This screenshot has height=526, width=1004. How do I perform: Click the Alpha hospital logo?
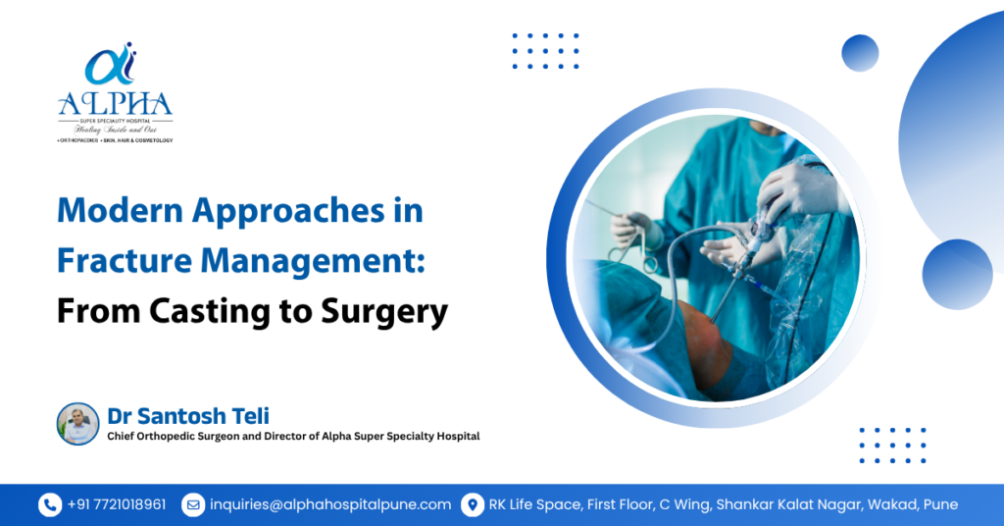pyautogui.click(x=114, y=92)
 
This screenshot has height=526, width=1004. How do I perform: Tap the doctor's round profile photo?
pyautogui.click(x=77, y=424)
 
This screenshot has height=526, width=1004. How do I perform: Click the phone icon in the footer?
pyautogui.click(x=50, y=504)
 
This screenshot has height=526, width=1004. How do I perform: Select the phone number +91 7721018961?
pyautogui.click(x=117, y=504)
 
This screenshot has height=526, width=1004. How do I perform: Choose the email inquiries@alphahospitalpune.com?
pyautogui.click(x=329, y=504)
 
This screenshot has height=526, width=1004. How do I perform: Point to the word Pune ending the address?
pyautogui.click(x=939, y=504)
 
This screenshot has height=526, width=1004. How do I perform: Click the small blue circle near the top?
pyautogui.click(x=860, y=53)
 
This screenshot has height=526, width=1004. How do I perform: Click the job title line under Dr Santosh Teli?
pyautogui.click(x=293, y=436)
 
